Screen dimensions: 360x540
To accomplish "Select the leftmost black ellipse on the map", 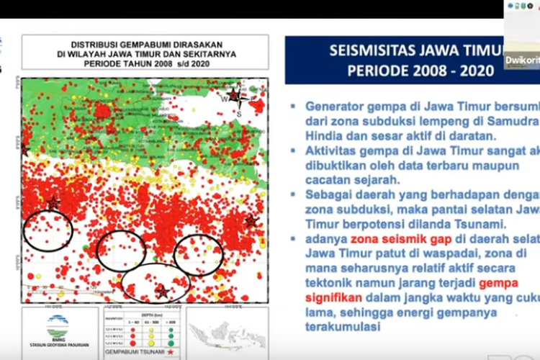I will pyautogui.click(x=48, y=230).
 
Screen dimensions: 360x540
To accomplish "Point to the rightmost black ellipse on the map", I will pyautogui.click(x=199, y=255).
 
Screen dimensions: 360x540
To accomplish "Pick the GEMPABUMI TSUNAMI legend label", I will pyautogui.click(x=133, y=352).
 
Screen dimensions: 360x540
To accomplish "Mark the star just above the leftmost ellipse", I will pyautogui.click(x=53, y=202).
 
